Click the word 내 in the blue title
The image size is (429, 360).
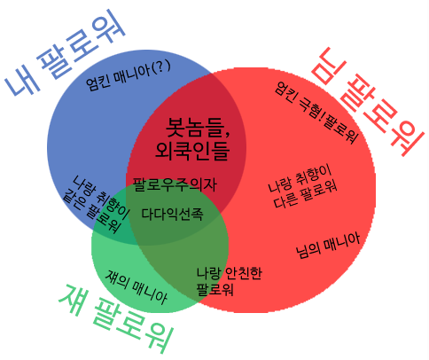[23, 81]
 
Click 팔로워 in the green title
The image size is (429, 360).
[132, 325]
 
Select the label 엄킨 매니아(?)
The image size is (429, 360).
[128, 74]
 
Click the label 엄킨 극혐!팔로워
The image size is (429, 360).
[316, 113]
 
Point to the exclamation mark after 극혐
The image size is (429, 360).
[321, 116]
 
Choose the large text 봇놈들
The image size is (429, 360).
[194, 128]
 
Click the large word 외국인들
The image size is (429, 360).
[192, 151]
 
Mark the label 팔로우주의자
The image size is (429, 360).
[175, 185]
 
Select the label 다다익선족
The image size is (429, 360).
[172, 214]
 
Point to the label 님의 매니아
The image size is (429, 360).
[328, 246]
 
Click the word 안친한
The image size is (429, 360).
[244, 273]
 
